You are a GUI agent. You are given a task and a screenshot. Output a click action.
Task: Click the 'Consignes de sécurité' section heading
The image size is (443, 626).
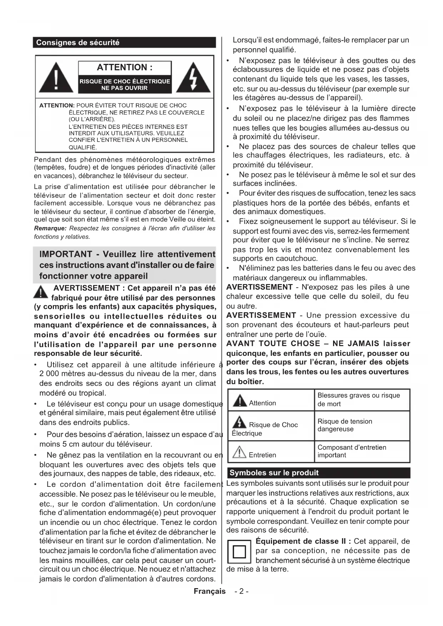pyautogui.click(x=78, y=42)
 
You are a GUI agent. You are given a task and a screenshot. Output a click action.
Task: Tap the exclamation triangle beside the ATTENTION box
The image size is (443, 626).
pyautogui.click(x=56, y=78)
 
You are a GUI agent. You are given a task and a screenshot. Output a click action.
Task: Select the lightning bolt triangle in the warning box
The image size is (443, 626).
pyautogui.click(x=193, y=78)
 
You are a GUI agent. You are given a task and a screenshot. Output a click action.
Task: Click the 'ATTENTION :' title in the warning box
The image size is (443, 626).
pyautogui.click(x=125, y=67)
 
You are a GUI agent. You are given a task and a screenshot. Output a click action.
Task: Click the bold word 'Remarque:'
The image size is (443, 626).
pyautogui.click(x=50, y=228)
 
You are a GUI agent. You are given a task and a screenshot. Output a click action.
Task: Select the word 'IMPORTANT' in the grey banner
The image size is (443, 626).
pyautogui.click(x=66, y=254)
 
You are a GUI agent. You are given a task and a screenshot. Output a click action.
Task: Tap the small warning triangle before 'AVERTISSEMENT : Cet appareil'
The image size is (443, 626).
pyautogui.click(x=41, y=292)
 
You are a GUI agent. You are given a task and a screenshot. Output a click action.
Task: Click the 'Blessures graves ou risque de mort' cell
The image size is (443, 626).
pyautogui.click(x=359, y=399)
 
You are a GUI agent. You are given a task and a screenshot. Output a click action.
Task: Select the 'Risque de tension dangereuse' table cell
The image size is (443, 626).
pyautogui.click(x=345, y=425)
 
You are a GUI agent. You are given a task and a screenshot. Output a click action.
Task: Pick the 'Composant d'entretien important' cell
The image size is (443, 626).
pyautogui.click(x=352, y=451)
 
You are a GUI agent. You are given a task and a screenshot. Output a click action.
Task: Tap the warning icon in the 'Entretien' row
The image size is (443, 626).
pyautogui.click(x=239, y=453)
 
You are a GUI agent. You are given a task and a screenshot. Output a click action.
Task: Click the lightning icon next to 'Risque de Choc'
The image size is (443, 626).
pyautogui.click(x=239, y=423)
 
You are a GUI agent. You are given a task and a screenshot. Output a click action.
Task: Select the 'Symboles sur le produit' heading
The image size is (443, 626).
pyautogui.click(x=274, y=473)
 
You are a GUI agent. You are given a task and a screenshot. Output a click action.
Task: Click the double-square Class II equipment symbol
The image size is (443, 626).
pyautogui.click(x=239, y=552)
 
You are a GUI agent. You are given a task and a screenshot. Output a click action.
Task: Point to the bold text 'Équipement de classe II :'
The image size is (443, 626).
pyautogui.click(x=303, y=541)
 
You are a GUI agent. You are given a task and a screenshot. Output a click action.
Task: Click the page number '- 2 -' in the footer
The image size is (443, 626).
pyautogui.click(x=242, y=591)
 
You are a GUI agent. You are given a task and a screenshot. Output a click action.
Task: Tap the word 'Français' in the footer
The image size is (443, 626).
pyautogui.click(x=210, y=591)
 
